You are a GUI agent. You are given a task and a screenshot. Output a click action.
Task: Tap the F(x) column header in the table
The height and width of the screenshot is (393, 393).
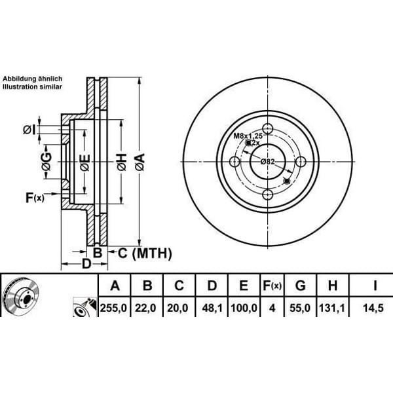click(271, 286)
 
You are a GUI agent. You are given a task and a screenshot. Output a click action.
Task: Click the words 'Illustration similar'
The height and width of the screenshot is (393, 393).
click(32, 86)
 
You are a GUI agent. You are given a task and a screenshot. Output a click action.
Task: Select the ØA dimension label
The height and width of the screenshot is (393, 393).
click(139, 161)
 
